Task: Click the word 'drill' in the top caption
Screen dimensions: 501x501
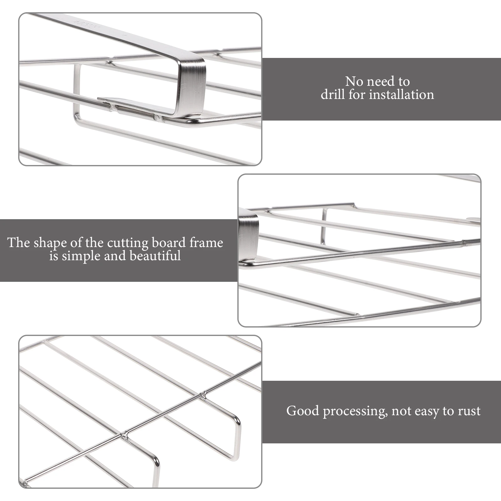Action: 333,95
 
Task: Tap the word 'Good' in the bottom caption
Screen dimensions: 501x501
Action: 302,411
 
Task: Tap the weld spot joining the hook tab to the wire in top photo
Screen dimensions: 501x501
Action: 158,118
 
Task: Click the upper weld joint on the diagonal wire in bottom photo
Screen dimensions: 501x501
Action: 204,395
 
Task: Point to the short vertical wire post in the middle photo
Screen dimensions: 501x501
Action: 323,226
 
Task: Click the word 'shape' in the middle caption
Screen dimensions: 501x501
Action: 50,243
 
